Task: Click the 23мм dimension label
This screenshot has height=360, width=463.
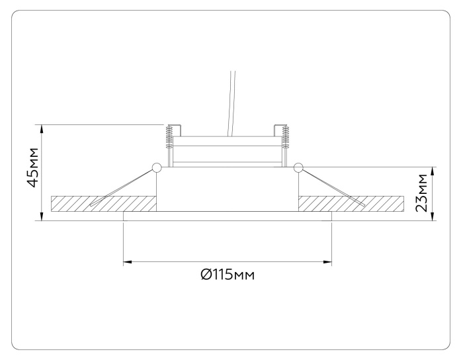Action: (421, 193)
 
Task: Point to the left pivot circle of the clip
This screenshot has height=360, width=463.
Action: (157, 167)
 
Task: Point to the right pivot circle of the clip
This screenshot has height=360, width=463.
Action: (298, 167)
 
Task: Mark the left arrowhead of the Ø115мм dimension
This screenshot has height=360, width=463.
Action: (127, 262)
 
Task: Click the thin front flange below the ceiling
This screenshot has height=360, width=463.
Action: (227, 216)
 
